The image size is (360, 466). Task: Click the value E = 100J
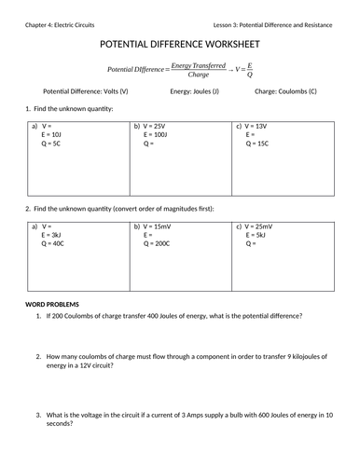[157, 134]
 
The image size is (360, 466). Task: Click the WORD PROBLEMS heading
[52, 305]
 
